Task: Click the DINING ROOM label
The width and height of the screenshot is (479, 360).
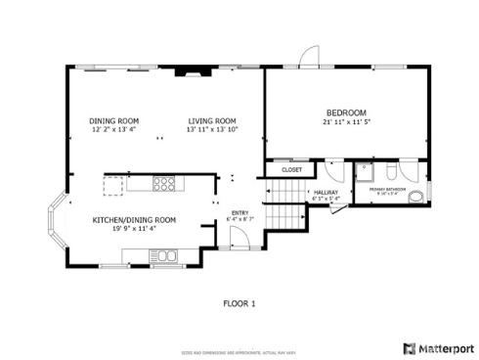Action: [x=114, y=120]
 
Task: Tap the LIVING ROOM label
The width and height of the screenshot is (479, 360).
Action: [x=213, y=120]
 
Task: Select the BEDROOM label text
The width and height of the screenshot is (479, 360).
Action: [x=346, y=112]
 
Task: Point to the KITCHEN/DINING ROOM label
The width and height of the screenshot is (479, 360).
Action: [x=135, y=220]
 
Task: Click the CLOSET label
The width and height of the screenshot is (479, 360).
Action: [x=291, y=170]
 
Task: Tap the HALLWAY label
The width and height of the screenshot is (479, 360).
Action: [x=325, y=192]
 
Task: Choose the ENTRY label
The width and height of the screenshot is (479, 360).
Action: [x=239, y=212]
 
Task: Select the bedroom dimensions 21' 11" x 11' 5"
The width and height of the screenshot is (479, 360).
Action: [x=346, y=121]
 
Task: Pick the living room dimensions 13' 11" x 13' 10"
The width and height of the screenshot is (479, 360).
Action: [x=213, y=129]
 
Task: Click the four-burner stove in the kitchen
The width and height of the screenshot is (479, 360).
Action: [x=164, y=183]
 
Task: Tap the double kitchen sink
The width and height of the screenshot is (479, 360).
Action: [x=162, y=257]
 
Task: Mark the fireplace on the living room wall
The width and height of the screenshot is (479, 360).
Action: [x=186, y=70]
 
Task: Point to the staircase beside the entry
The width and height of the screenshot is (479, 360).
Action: [x=283, y=214]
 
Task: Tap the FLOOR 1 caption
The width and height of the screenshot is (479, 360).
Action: [x=239, y=304]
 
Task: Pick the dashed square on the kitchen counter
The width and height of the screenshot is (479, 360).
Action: [x=114, y=184]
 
